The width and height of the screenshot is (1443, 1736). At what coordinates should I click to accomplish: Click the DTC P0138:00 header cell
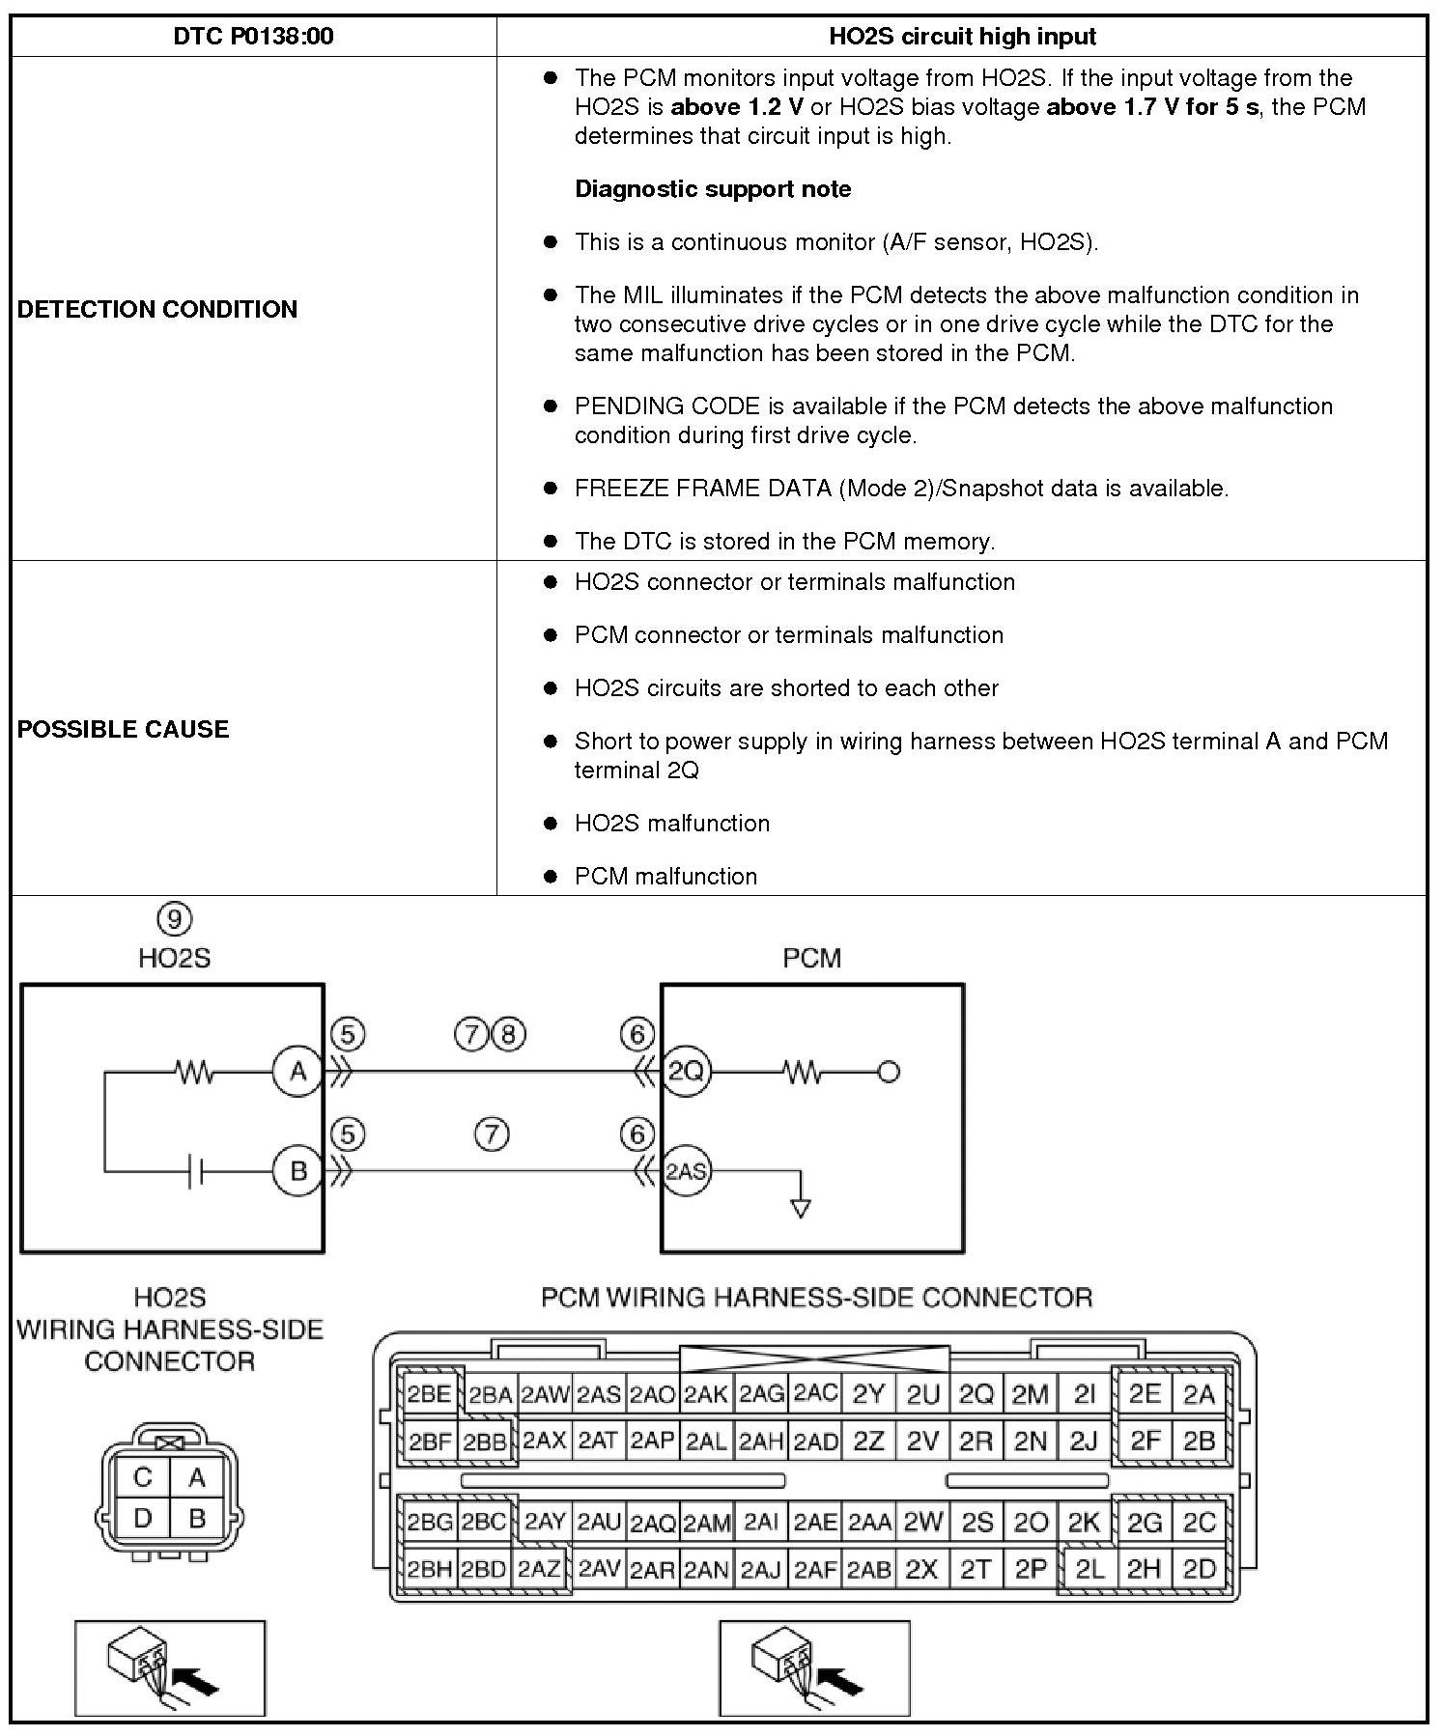click(x=253, y=37)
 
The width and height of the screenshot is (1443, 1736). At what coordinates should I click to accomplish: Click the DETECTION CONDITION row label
click(x=157, y=309)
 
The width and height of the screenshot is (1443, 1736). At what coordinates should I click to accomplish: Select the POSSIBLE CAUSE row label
click(x=124, y=729)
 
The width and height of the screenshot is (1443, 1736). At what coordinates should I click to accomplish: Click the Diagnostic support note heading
click(x=713, y=188)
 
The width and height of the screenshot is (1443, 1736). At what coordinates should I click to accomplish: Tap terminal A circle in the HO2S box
click(x=297, y=1072)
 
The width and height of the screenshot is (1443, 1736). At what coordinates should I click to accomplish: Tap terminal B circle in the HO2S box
click(x=297, y=1171)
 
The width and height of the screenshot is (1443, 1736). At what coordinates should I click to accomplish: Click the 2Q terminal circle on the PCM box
click(x=687, y=1072)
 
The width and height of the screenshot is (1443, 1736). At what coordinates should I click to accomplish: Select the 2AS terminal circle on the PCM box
click(x=687, y=1171)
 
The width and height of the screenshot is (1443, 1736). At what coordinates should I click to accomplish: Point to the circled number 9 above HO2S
click(x=174, y=918)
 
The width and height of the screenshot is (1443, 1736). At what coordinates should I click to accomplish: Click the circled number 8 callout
click(x=509, y=1035)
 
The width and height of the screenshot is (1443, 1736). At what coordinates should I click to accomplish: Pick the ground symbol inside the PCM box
click(x=800, y=1208)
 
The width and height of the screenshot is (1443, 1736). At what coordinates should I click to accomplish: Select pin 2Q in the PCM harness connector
click(x=976, y=1394)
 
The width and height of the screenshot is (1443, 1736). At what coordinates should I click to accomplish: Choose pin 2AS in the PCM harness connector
click(x=599, y=1394)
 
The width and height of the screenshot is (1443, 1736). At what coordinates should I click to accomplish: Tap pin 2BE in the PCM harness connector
click(x=429, y=1393)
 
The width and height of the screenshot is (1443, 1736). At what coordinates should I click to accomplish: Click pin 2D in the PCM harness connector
click(x=1199, y=1569)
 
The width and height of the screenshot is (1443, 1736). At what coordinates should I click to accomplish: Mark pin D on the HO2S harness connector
click(x=143, y=1519)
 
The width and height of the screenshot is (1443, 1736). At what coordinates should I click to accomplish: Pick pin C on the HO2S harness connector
click(x=143, y=1477)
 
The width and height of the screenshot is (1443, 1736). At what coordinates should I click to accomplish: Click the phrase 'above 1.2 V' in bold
click(x=738, y=107)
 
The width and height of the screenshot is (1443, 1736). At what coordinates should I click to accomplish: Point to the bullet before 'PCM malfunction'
click(x=551, y=877)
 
